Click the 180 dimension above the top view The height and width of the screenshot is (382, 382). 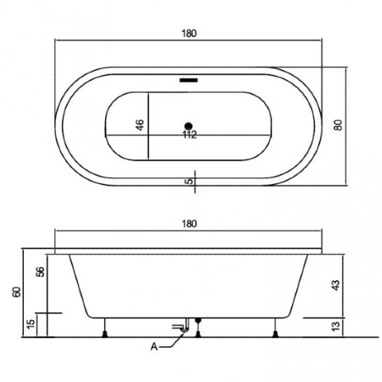[x=189, y=33]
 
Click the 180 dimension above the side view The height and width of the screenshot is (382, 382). [x=189, y=224]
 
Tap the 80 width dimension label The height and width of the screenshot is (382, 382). [x=338, y=125]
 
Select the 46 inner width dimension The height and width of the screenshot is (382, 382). [x=140, y=125]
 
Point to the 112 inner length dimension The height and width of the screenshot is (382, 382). [x=190, y=134]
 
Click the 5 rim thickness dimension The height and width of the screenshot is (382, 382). [x=189, y=181]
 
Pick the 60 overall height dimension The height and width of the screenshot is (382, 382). [x=18, y=292]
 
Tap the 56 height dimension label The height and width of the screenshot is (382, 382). [x=41, y=271]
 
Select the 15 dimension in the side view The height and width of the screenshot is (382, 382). [x=31, y=324]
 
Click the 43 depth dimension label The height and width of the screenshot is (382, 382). [x=336, y=285]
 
